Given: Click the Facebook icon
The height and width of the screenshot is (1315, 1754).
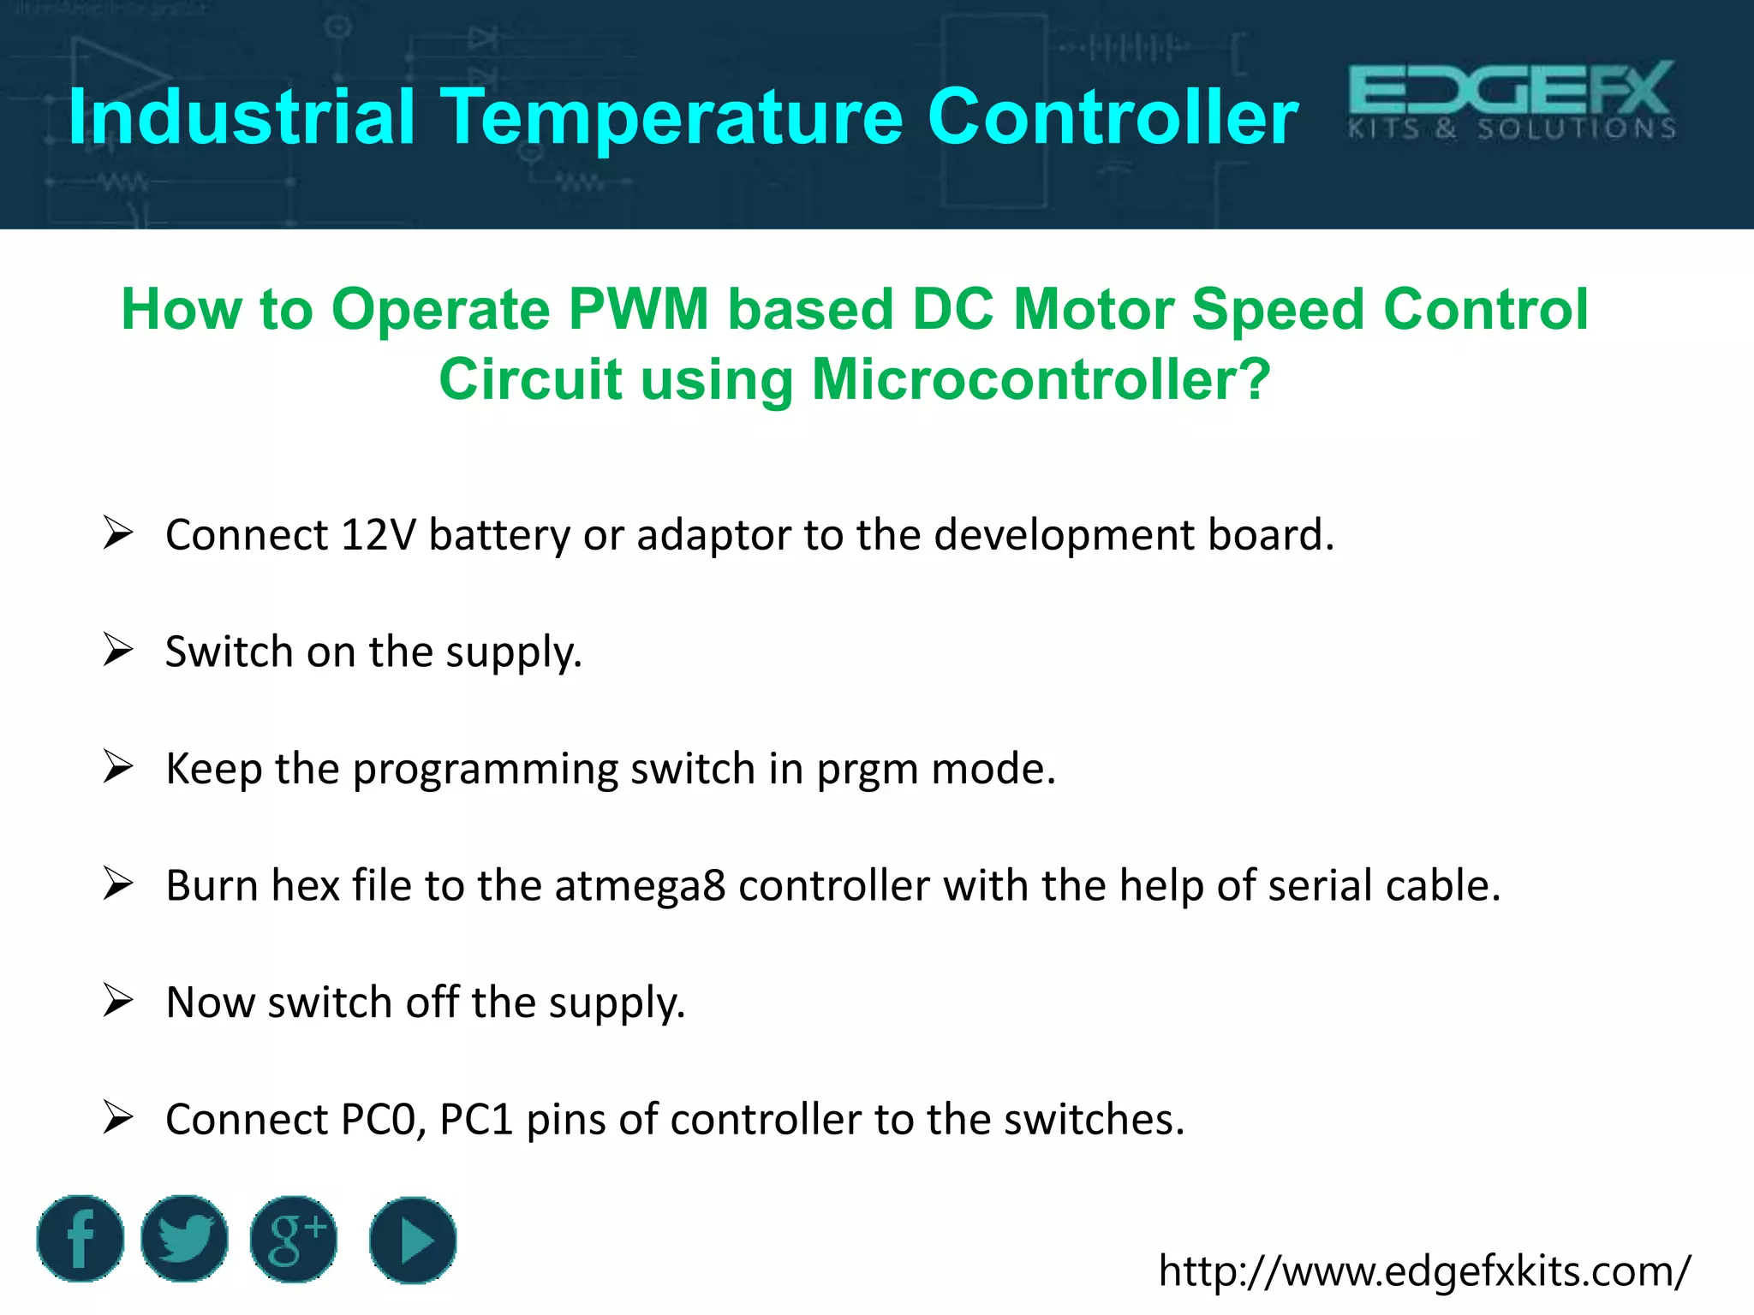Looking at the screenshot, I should click(81, 1239).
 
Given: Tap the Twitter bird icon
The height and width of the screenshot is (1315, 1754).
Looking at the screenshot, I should click(184, 1239).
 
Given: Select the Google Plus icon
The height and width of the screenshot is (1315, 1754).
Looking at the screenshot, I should click(294, 1239).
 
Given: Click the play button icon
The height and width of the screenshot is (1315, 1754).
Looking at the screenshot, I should click(413, 1240).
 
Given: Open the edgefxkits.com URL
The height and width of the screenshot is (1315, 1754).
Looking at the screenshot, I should click(1424, 1270).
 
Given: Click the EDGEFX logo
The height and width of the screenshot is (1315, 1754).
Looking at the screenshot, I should click(1512, 100).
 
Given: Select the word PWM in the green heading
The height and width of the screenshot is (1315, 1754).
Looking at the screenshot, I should click(638, 309).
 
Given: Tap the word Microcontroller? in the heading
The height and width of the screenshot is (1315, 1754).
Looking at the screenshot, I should click(1041, 379).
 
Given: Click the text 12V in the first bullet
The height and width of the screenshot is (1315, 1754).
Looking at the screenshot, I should click(378, 535).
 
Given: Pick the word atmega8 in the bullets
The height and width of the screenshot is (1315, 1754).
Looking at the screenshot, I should click(640, 885).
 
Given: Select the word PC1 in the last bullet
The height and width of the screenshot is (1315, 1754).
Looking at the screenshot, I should click(476, 1120).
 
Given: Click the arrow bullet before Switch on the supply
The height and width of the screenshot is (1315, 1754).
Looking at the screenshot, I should click(117, 650).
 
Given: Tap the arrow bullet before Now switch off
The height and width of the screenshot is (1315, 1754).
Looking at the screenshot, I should click(117, 1000).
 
